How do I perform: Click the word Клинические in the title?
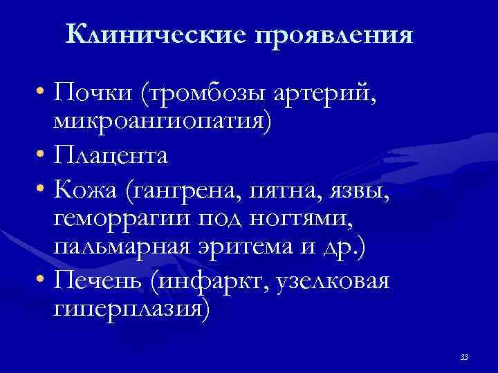tap(157, 34)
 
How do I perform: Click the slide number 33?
tap(463, 357)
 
